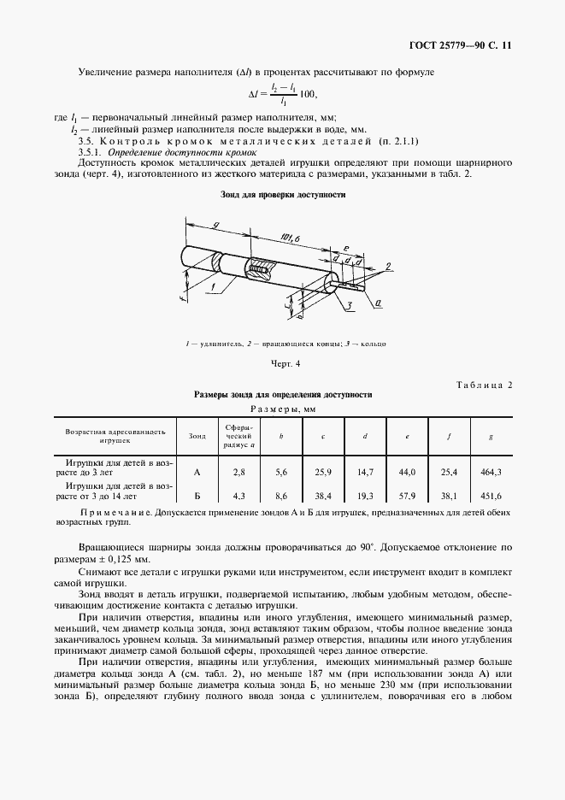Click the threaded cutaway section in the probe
tap(259, 270)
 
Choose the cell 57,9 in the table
tap(407, 494)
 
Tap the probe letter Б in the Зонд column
tap(197, 494)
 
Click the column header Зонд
tap(197, 436)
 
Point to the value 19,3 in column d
tap(365, 494)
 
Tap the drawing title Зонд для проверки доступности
tap(283, 195)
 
